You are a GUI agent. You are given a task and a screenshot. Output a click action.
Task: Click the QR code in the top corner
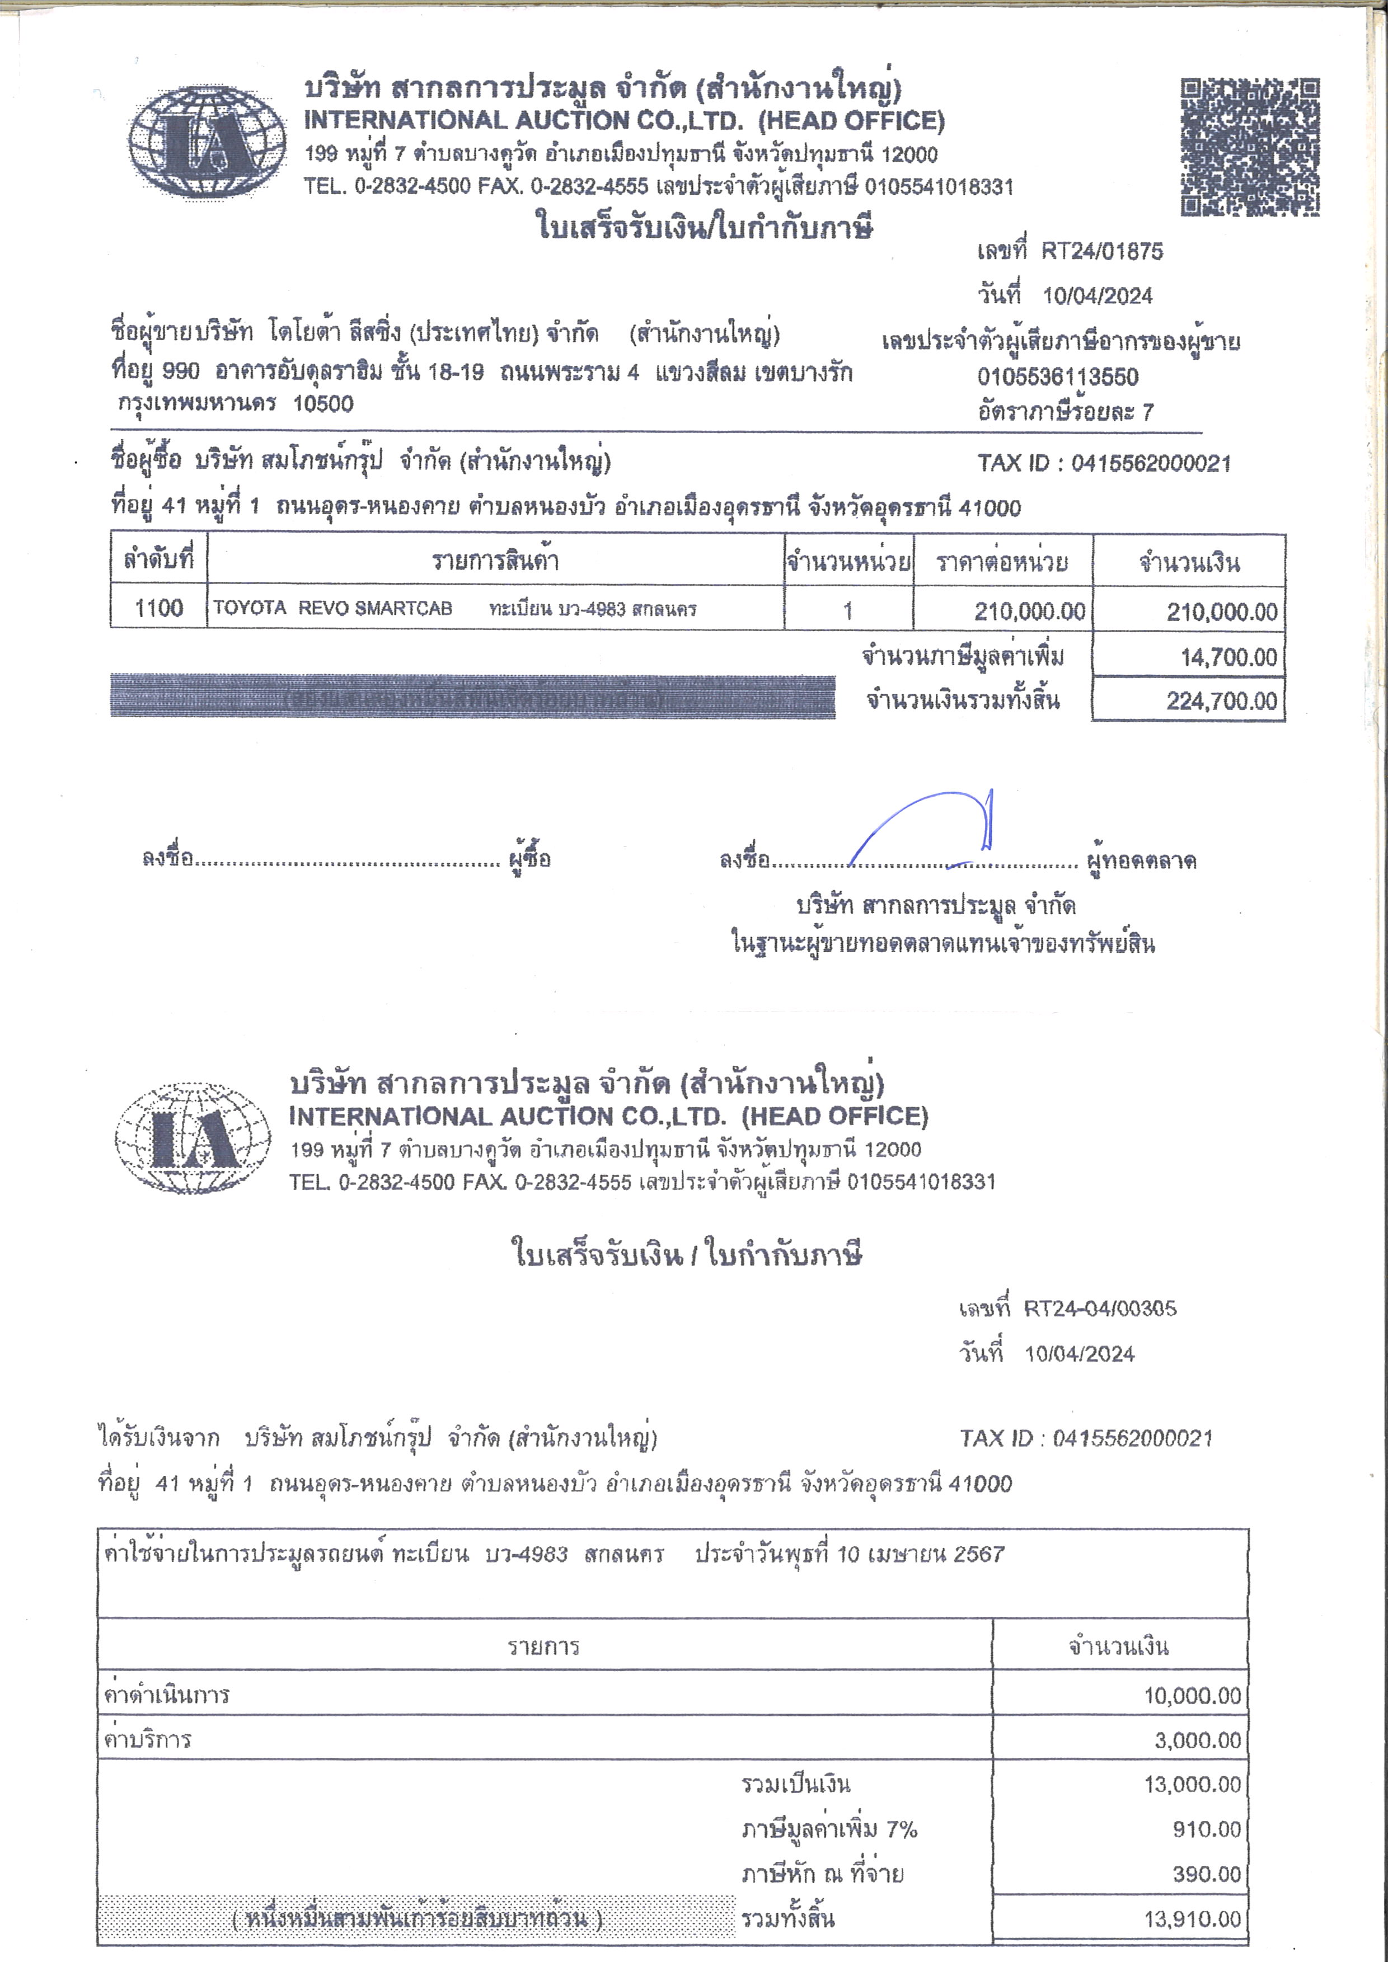[x=1250, y=147]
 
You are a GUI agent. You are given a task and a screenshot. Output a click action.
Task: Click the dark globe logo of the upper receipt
[x=208, y=142]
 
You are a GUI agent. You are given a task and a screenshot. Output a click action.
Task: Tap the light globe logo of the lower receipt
[x=193, y=1137]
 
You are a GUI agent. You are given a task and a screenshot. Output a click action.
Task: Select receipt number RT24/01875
[x=1101, y=251]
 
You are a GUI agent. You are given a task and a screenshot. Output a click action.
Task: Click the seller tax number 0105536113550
[x=1058, y=377]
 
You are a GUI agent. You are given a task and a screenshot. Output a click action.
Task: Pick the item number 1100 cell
[x=159, y=609]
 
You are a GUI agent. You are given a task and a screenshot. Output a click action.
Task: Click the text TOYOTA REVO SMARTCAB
[x=332, y=609]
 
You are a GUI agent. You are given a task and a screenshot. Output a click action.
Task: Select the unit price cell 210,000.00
[x=1029, y=611]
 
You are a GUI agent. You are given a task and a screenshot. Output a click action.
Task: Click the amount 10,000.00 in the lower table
[x=1192, y=1695]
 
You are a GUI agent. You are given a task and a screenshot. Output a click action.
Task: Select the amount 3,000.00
[x=1197, y=1740]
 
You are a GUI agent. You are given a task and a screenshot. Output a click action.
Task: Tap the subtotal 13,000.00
[x=1192, y=1784]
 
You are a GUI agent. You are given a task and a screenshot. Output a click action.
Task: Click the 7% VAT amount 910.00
[x=1206, y=1829]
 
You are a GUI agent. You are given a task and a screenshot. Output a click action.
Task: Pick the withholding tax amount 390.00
[x=1206, y=1874]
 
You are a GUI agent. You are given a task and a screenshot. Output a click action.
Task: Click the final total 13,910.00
[x=1192, y=1919]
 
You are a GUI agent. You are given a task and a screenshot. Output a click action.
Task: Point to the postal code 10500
[x=323, y=403]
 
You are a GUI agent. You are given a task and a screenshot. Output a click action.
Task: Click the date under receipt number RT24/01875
[x=1098, y=295]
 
